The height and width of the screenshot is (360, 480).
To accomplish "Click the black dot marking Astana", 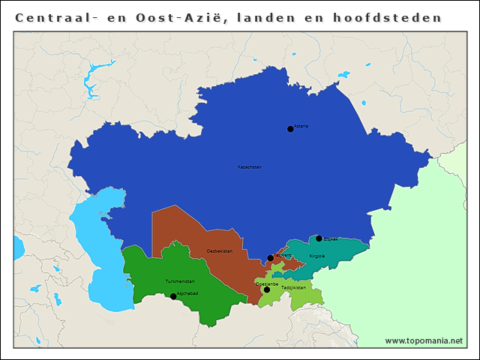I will (x=290, y=129).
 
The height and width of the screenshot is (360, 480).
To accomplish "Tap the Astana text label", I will (x=301, y=126).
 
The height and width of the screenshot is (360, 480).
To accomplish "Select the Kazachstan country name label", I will (x=250, y=166).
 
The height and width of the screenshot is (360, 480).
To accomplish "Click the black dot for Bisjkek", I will (x=319, y=238).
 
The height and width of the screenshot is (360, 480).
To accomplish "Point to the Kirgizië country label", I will (x=317, y=256).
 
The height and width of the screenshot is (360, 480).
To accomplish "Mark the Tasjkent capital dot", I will (x=271, y=258).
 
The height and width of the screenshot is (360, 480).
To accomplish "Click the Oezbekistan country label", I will (x=220, y=250).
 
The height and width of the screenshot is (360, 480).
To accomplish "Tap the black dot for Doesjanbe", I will (x=266, y=289).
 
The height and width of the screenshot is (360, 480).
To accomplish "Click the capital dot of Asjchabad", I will (x=173, y=296).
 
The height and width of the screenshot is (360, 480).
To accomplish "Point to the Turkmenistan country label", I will (x=180, y=281).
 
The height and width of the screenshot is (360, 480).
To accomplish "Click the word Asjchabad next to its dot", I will (x=187, y=294).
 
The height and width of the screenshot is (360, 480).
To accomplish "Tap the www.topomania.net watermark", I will (x=424, y=340).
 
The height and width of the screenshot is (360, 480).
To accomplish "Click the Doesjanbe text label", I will (x=268, y=284).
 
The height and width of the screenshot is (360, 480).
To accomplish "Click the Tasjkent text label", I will (x=283, y=255).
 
